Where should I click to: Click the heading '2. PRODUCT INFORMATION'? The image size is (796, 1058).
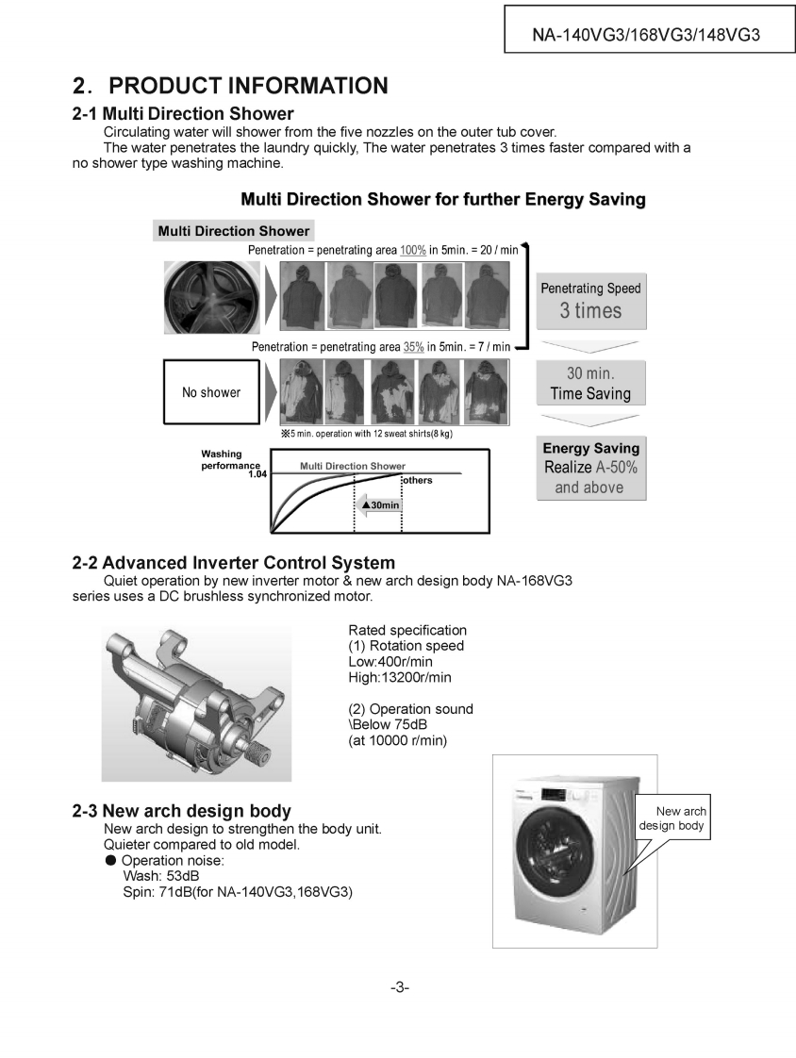click(x=230, y=86)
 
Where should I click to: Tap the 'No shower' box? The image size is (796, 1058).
click(x=211, y=392)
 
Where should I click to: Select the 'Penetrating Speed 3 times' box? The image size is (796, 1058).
click(x=590, y=301)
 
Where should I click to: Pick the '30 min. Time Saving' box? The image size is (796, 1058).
click(x=590, y=384)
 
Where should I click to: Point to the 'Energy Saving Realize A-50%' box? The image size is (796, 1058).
click(x=590, y=468)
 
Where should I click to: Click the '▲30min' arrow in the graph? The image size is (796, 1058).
click(x=379, y=505)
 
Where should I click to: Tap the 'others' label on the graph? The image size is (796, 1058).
click(x=417, y=481)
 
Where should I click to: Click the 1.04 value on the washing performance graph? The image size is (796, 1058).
click(x=257, y=474)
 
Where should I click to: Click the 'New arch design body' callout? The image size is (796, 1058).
click(x=673, y=818)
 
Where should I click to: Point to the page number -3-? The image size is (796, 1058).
click(x=399, y=987)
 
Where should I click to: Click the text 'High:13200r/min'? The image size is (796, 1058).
click(x=400, y=677)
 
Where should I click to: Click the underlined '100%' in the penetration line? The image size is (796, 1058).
click(x=413, y=250)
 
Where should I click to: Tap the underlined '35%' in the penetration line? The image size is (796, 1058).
click(x=413, y=347)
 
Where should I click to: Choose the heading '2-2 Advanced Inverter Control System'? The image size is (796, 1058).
click(x=234, y=563)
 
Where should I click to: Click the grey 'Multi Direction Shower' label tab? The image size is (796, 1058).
click(x=233, y=231)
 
